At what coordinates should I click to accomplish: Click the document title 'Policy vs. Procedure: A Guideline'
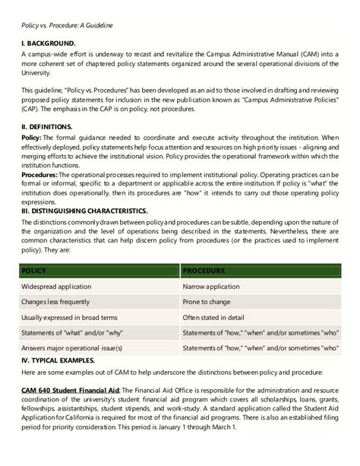[67, 25]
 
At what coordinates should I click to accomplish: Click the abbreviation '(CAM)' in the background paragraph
[301, 54]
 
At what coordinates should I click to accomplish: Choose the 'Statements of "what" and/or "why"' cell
[74, 333]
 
